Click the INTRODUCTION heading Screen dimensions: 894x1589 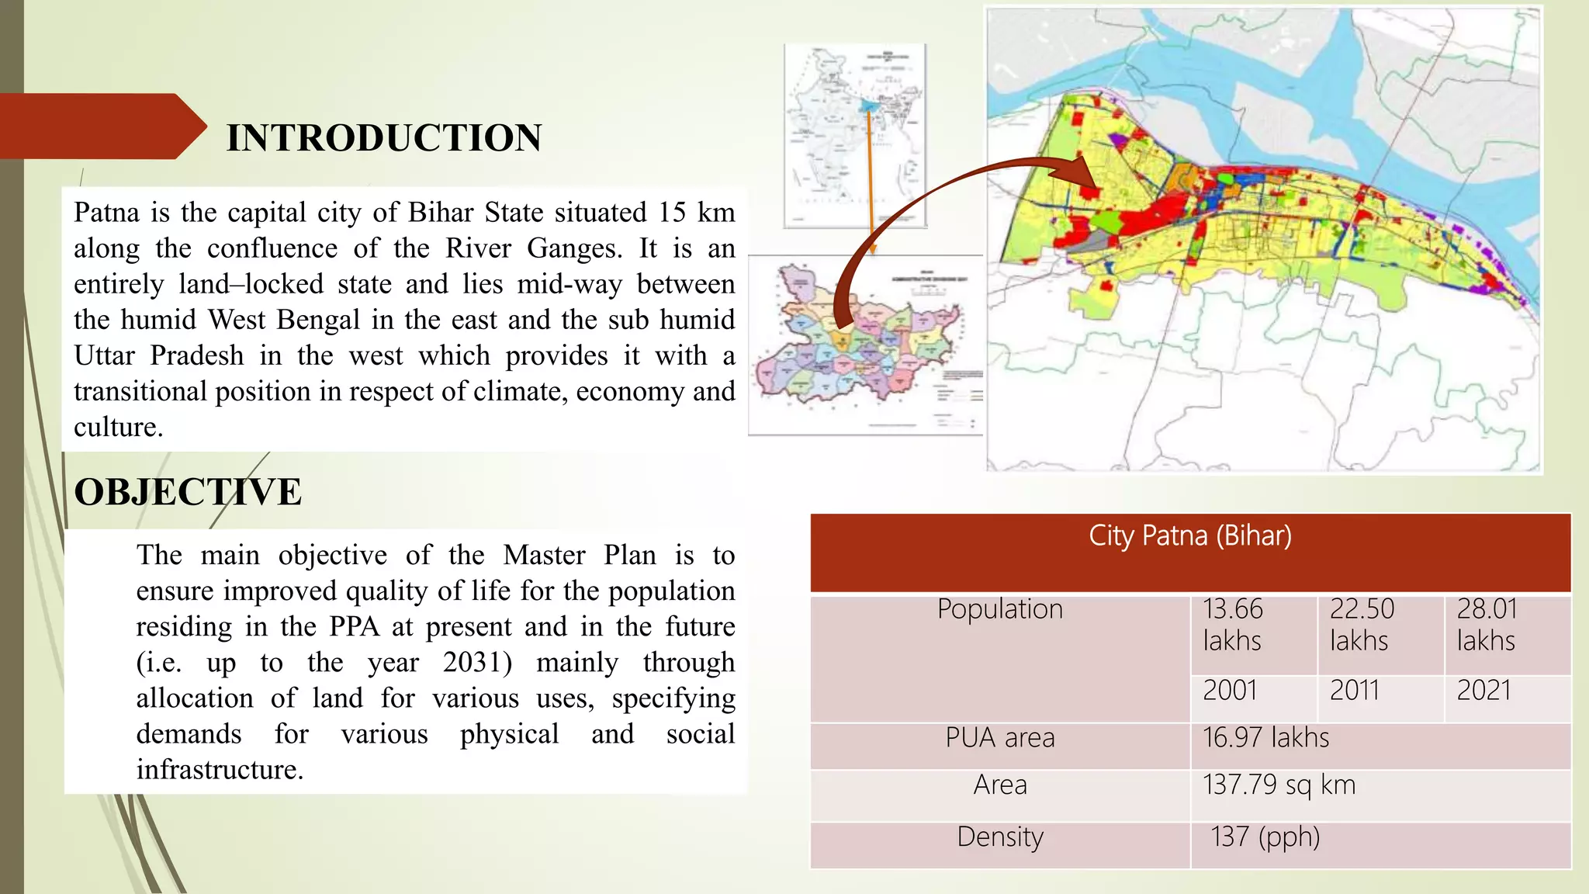pos(383,138)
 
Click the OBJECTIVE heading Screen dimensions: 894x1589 pos(188,492)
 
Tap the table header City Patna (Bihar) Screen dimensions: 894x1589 pos(1190,536)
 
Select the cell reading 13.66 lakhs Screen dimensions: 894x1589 pos(1233,625)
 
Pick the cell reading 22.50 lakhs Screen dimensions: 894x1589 pos(1362,625)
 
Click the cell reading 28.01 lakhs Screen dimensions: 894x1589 pos(1487,625)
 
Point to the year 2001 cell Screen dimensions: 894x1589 pos(1230,691)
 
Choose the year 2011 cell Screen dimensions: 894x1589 pos(1355,691)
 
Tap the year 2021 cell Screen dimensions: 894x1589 pos(1483,691)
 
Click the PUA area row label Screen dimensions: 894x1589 pos(1000,738)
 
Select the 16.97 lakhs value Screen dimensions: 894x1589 pos(1265,738)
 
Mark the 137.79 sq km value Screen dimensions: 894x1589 pos(1279,785)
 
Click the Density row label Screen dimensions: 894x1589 pos(1000,837)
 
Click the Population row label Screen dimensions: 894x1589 pos(1000,609)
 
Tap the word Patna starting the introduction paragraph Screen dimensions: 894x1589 pos(106,213)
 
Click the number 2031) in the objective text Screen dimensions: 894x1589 pos(478,663)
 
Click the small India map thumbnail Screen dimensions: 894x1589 pos(855,136)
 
